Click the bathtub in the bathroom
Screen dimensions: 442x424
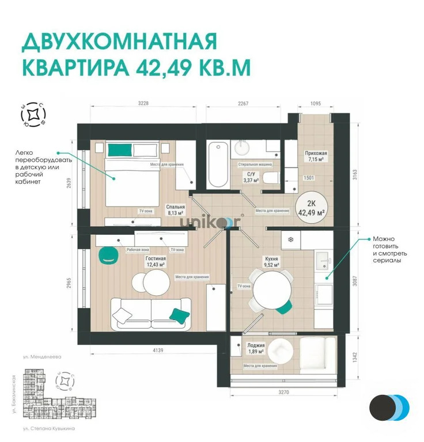[x=218, y=165]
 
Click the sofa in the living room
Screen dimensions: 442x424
[x=152, y=313]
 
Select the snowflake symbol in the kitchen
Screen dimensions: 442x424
[x=291, y=239]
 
